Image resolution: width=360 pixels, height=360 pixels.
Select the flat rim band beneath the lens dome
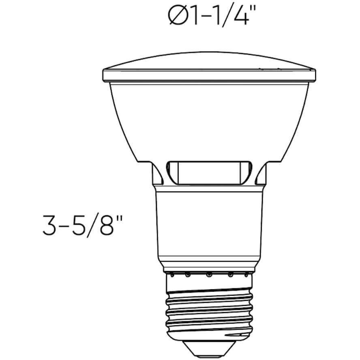[x=209, y=75]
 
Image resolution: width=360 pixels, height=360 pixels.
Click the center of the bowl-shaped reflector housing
[x=209, y=118]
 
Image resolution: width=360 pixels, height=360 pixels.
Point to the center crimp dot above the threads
[x=209, y=275]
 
